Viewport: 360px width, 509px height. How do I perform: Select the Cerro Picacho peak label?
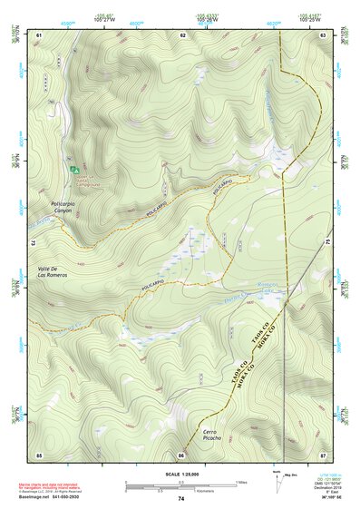tap(210, 435)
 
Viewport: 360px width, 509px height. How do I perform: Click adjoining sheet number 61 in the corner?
tap(39, 34)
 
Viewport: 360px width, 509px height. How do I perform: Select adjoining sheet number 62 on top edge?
tap(183, 34)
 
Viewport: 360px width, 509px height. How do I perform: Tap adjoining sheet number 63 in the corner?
tap(323, 34)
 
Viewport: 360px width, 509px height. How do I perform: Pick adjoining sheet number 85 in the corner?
tap(39, 454)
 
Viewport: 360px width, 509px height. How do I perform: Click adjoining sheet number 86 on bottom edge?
tap(181, 454)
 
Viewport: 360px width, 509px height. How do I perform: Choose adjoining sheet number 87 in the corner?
tap(323, 454)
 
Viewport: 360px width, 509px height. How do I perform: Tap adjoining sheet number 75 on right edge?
tap(327, 243)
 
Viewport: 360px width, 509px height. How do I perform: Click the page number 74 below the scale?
tap(181, 498)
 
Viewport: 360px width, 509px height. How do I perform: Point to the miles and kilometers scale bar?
tap(181, 484)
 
